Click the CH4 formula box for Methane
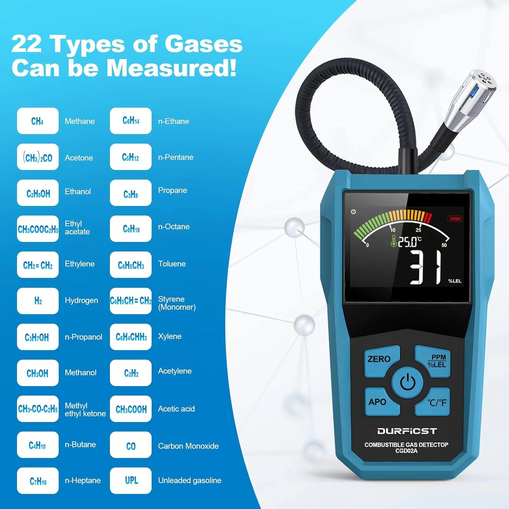(38, 121)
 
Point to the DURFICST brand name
(407, 431)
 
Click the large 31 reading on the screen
(426, 267)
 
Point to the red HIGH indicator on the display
(455, 219)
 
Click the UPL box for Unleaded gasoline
(131, 480)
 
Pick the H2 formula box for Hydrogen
(38, 301)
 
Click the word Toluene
(172, 264)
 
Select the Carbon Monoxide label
(188, 446)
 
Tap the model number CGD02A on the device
(407, 451)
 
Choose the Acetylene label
(175, 371)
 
